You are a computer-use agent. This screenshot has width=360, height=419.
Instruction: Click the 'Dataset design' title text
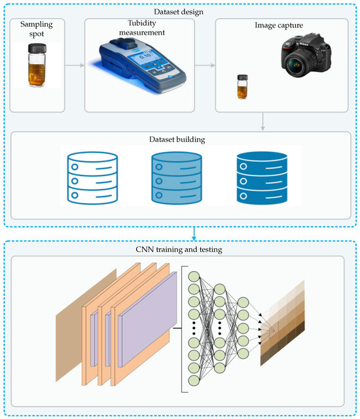(x=179, y=10)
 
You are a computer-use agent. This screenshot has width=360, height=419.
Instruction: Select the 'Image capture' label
(x=282, y=27)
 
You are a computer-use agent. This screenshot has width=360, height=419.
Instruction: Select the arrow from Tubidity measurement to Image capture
(x=205, y=65)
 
